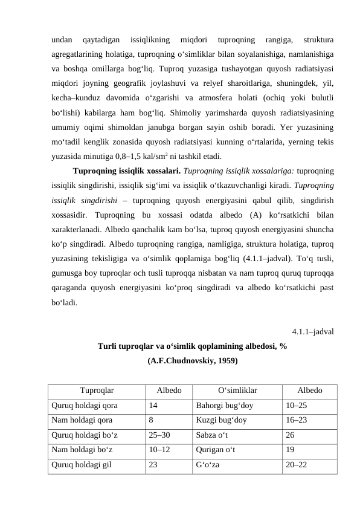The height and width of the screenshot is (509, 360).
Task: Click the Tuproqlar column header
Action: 97,391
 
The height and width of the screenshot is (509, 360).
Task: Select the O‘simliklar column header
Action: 237,391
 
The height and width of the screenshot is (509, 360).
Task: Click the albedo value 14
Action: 154,406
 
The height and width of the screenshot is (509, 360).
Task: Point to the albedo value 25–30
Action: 160,435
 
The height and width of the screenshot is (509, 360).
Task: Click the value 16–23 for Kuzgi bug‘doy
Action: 297,420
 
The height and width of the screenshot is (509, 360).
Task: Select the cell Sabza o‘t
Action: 212,435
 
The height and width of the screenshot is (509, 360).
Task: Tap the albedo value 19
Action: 291,449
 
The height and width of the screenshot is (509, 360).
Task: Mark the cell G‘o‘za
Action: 207,464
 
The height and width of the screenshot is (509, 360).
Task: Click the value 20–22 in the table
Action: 297,464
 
